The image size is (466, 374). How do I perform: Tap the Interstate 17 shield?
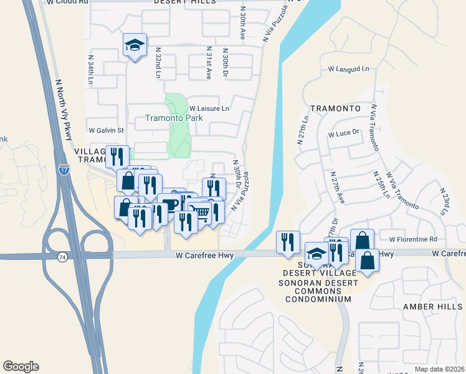[64, 169]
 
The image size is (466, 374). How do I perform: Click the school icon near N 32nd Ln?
[135, 45]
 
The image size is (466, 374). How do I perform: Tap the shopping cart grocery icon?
[199, 213]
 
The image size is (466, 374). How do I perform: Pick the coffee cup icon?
[169, 204]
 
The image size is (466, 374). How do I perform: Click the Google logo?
[21, 367]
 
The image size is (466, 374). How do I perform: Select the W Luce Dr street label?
[345, 132]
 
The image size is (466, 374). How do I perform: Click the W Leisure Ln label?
[210, 108]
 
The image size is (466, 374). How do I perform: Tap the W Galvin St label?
[107, 131]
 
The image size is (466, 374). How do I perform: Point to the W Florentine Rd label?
[413, 239]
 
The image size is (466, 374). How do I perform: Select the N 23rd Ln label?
[444, 201]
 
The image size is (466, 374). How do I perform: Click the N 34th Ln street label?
[91, 71]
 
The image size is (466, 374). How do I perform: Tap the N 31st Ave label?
[209, 62]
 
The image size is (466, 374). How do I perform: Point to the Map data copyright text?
[440, 369]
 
